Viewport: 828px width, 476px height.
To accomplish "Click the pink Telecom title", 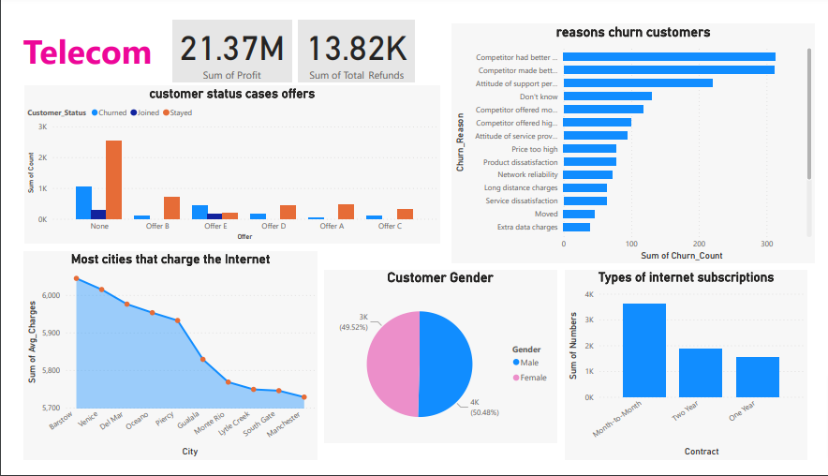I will pyautogui.click(x=87, y=53).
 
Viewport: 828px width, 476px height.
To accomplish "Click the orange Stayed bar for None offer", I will pyautogui.click(x=113, y=180).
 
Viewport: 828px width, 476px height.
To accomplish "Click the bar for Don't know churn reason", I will pyautogui.click(x=607, y=96).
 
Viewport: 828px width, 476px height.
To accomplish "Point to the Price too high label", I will pyautogui.click(x=534, y=148).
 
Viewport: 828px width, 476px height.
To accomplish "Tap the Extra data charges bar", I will pyautogui.click(x=576, y=227).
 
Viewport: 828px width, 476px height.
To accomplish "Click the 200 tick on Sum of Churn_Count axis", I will pyautogui.click(x=699, y=244).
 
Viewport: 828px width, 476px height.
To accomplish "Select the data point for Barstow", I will pyautogui.click(x=76, y=278).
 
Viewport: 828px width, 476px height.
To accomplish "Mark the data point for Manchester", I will pyautogui.click(x=303, y=397).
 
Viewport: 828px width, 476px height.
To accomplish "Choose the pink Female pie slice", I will pyautogui.click(x=393, y=364).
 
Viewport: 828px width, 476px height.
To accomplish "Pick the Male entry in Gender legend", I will pyautogui.click(x=529, y=362).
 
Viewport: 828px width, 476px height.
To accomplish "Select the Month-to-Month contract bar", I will pyautogui.click(x=644, y=350).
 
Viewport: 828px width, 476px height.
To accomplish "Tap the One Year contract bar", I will pyautogui.click(x=757, y=377).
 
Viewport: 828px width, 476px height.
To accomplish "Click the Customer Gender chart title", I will pyautogui.click(x=439, y=278).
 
